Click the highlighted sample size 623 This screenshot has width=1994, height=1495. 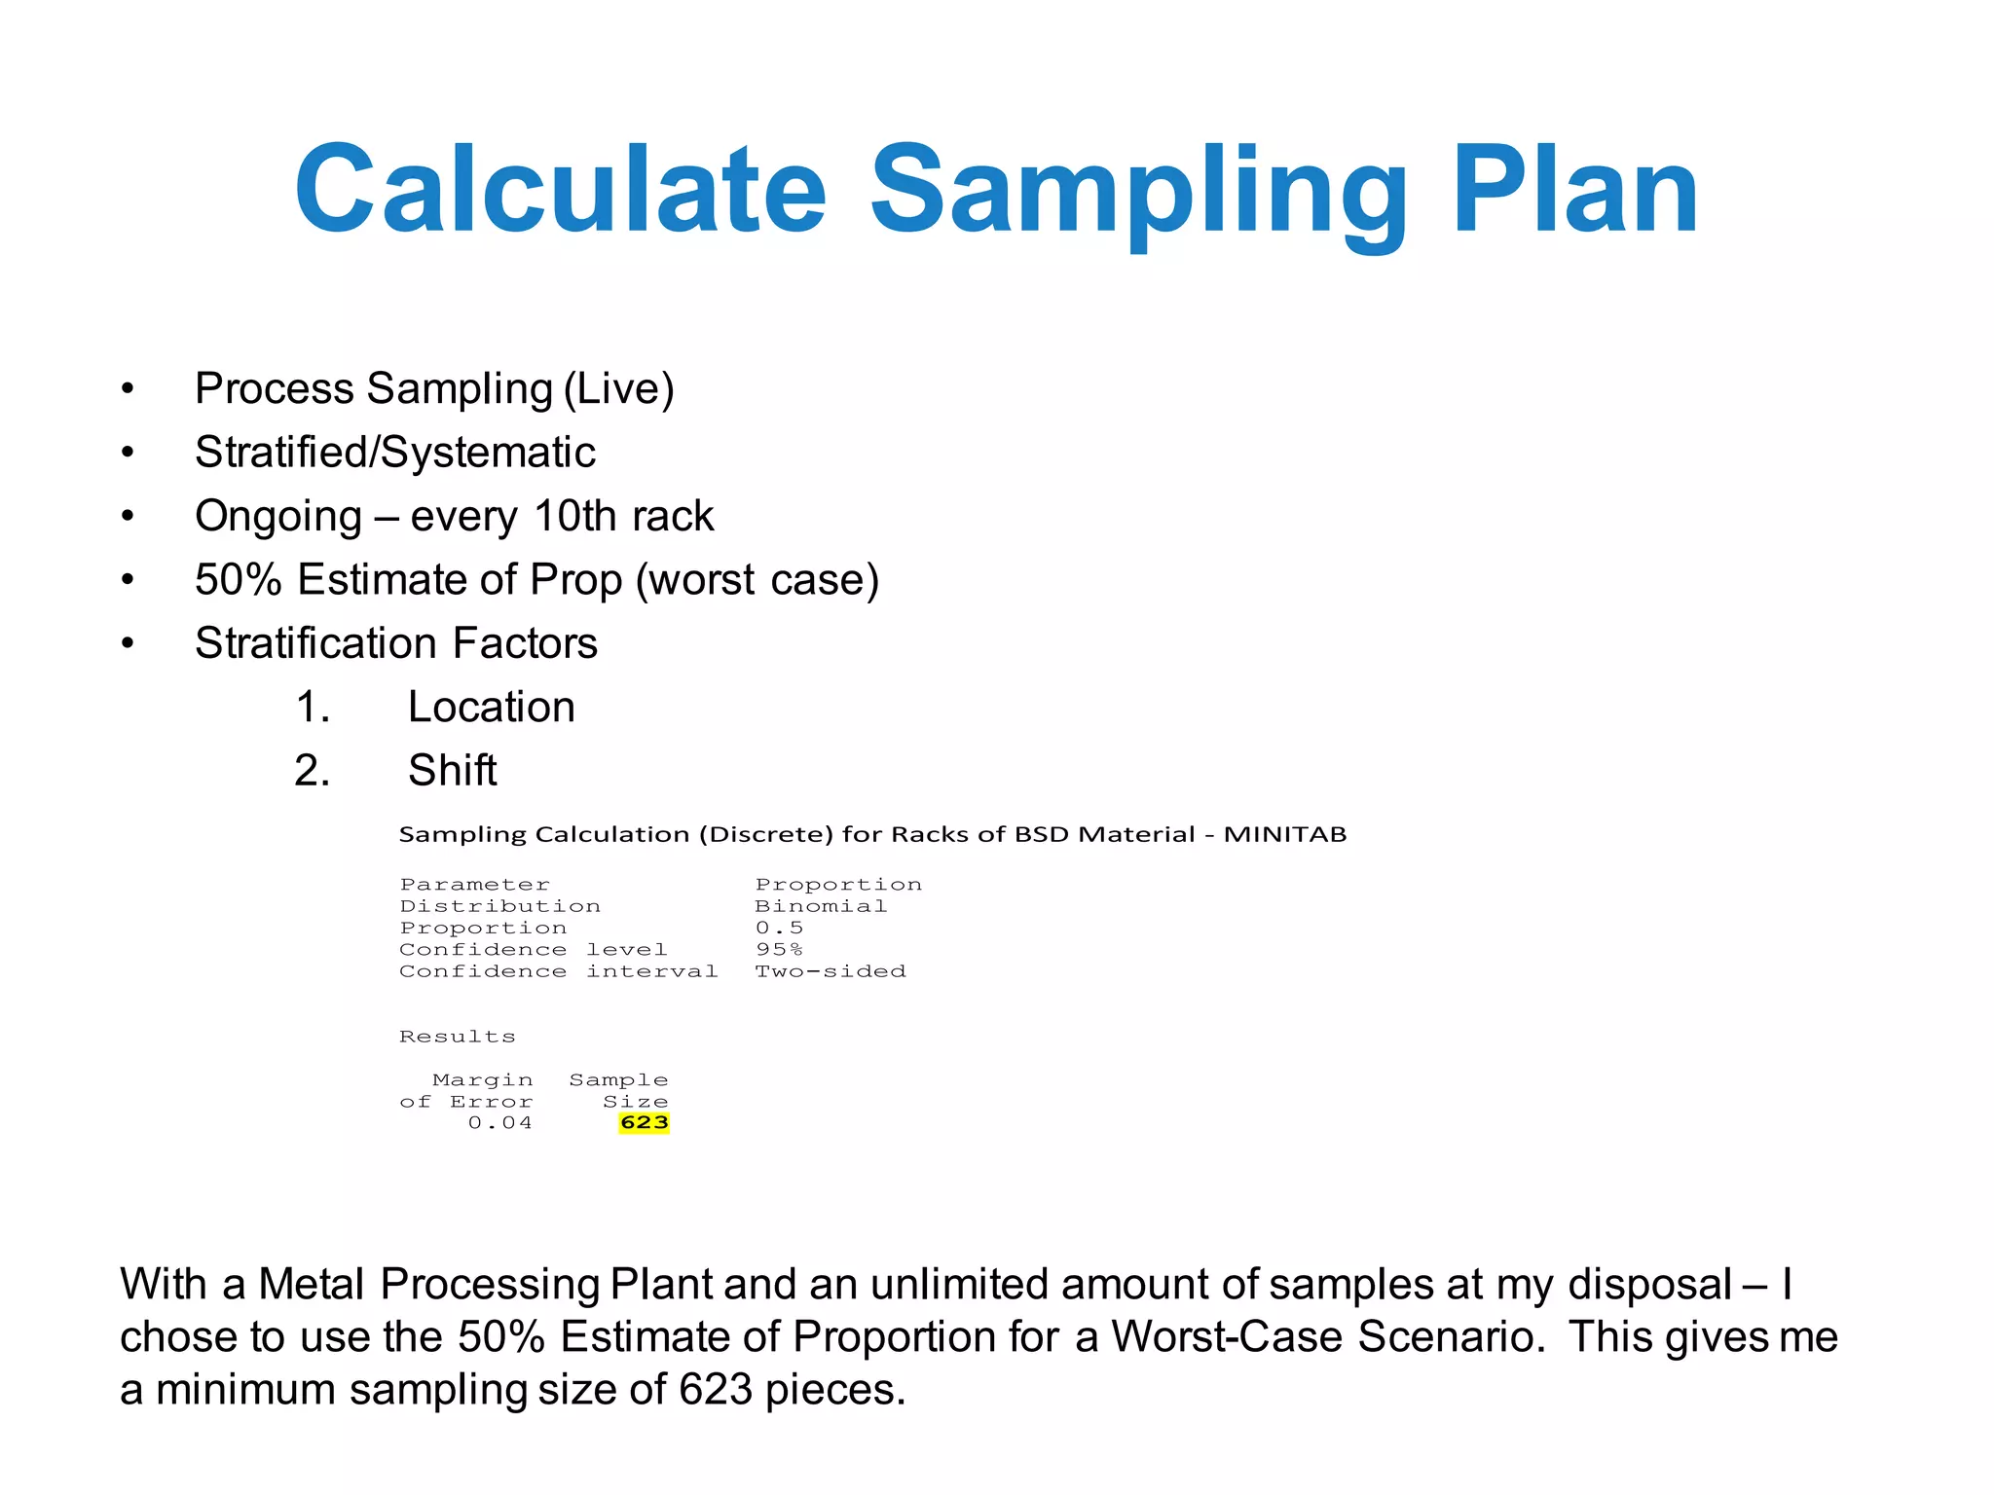point(644,1123)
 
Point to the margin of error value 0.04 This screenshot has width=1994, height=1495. point(499,1123)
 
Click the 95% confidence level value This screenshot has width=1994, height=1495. point(779,950)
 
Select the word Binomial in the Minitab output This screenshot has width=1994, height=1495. point(821,906)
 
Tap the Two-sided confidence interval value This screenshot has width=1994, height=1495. point(831,971)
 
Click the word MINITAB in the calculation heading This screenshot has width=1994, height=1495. point(1284,834)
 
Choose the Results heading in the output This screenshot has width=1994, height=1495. point(457,1037)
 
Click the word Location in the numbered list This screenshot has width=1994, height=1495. point(491,707)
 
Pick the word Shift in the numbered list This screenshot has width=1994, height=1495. point(452,770)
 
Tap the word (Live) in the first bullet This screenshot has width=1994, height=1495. point(619,388)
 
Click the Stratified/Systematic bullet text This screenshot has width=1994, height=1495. point(394,452)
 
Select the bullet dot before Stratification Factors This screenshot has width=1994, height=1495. point(128,643)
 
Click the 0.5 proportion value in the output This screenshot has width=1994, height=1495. point(779,928)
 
